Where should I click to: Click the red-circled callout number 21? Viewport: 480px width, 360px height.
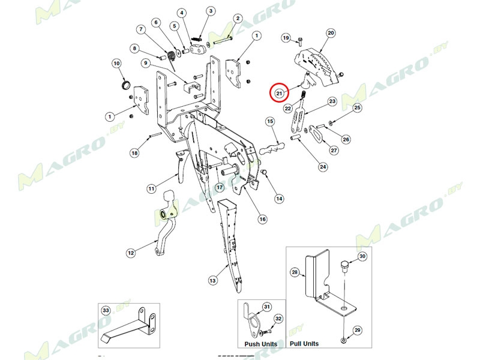pos(278,93)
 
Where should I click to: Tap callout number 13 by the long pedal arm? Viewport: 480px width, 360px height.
pos(212,280)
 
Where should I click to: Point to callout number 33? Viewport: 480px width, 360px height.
pos(106,310)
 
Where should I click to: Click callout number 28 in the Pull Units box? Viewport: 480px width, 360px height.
pos(295,272)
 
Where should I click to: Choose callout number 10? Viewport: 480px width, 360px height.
pos(116,63)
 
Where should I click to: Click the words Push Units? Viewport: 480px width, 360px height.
pos(261,344)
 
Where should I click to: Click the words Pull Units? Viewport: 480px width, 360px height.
pos(304,344)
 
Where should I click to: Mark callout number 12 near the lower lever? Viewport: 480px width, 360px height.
pos(131,253)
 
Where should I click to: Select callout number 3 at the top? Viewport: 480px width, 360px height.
pos(211,11)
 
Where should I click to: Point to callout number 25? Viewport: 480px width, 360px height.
pos(357,108)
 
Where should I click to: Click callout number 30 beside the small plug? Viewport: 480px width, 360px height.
pos(362,256)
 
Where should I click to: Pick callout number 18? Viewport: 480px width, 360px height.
pos(134,153)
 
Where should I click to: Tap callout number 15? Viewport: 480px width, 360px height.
pos(270,122)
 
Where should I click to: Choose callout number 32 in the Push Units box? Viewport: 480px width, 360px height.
pos(278,319)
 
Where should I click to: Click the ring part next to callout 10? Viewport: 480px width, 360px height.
pos(127,83)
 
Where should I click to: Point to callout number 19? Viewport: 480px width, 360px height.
pos(286,37)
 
